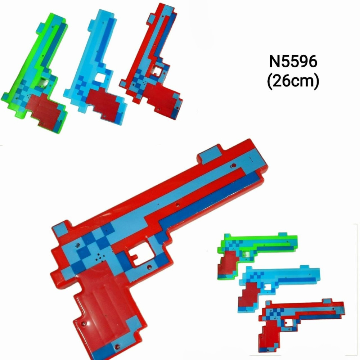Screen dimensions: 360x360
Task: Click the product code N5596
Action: coord(293,62)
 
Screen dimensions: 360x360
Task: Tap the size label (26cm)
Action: coord(293,81)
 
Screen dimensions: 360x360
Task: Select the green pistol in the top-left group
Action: coord(35,73)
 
